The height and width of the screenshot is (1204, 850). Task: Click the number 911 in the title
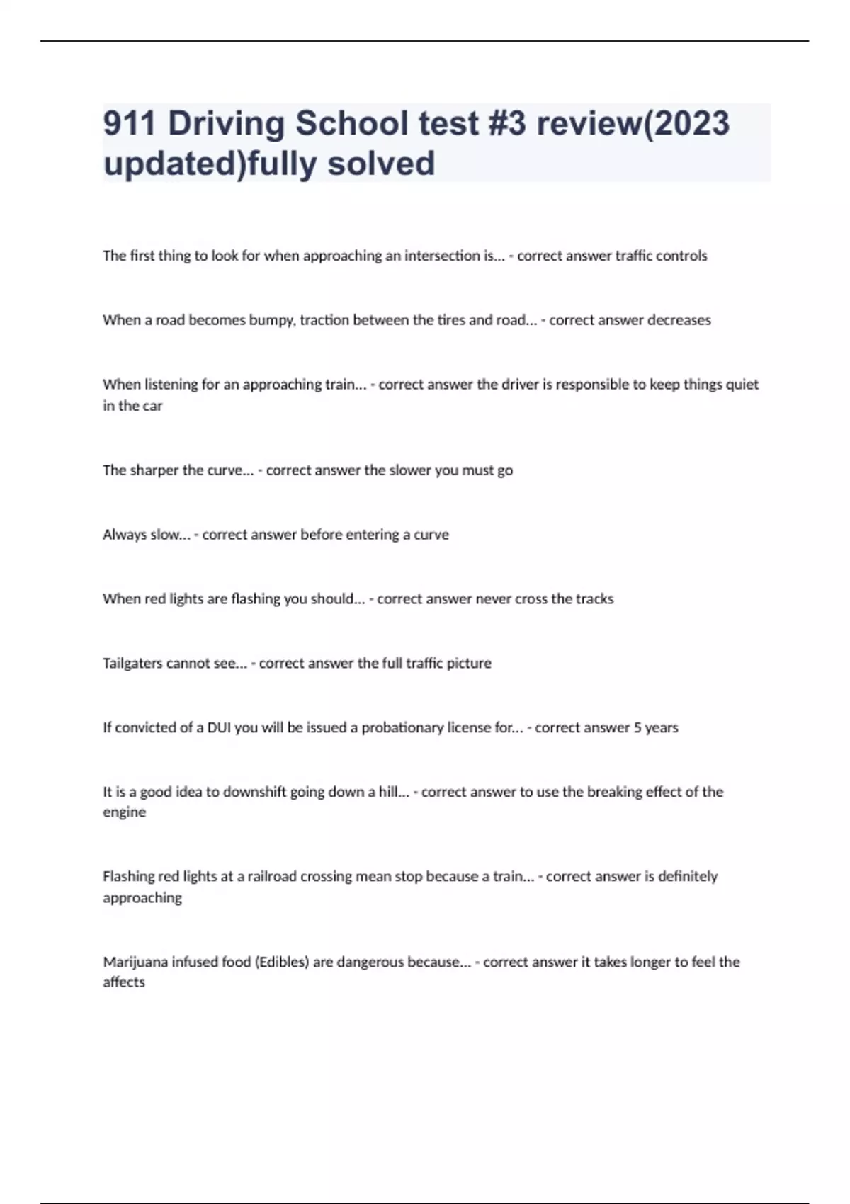130,123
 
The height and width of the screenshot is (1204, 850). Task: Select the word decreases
668,320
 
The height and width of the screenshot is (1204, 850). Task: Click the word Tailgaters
132,664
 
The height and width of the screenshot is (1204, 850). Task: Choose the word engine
124,812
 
